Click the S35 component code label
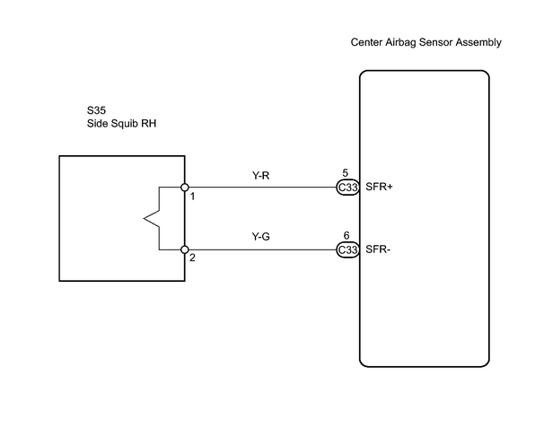[96, 110]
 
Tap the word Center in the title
[366, 42]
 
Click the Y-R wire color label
[260, 176]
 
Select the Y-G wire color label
[260, 237]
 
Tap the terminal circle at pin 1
[185, 188]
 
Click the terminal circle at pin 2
[185, 249]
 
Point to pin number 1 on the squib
[192, 197]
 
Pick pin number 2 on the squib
[192, 258]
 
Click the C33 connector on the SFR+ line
[347, 188]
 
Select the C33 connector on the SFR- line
[347, 249]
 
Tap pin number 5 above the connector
[346, 172]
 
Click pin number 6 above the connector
[347, 235]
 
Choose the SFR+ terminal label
[379, 187]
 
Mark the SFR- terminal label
[378, 249]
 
